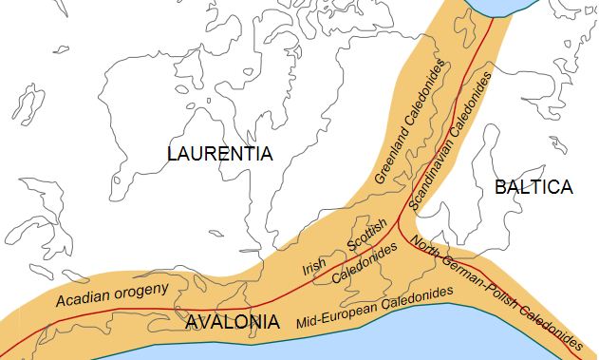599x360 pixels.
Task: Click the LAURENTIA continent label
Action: click(219, 154)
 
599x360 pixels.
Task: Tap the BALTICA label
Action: click(533, 187)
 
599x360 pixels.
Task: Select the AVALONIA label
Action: click(233, 322)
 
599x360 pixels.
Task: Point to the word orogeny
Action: click(141, 288)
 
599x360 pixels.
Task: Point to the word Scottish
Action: click(366, 236)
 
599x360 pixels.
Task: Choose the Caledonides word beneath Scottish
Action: click(365, 267)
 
